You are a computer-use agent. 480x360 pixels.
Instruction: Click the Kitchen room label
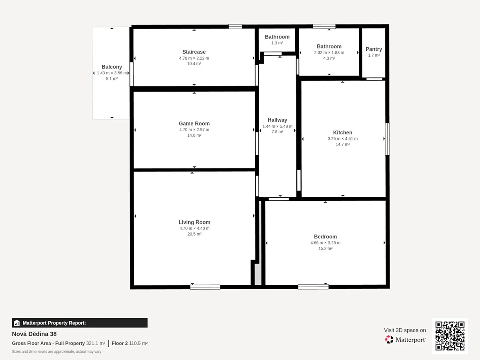[x=342, y=132]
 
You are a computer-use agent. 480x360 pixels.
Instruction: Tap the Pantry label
[x=374, y=49]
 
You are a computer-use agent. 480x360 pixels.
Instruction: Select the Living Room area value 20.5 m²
[x=194, y=234]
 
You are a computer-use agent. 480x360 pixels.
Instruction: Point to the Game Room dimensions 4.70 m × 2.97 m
[x=194, y=130]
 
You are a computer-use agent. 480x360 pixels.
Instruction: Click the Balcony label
[x=112, y=67]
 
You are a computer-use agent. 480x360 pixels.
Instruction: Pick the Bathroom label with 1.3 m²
[x=277, y=37]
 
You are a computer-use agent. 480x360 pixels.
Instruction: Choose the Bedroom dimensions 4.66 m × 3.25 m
[x=325, y=243]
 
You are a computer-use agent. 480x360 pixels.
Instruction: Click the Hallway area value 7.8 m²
[x=277, y=132]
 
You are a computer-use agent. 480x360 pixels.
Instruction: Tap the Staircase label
[x=194, y=52]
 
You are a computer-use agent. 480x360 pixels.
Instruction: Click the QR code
[x=450, y=336]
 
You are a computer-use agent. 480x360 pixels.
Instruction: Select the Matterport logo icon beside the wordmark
[x=389, y=340]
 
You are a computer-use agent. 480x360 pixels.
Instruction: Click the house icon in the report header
[x=17, y=323]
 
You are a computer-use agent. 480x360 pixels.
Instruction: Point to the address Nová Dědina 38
[x=34, y=334]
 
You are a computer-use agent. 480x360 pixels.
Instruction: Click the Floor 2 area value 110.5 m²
[x=138, y=343]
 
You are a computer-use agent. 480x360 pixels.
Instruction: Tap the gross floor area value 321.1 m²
[x=96, y=343]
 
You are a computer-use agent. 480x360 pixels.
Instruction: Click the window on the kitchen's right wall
[x=387, y=139]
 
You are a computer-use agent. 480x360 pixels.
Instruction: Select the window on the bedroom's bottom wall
[x=313, y=287]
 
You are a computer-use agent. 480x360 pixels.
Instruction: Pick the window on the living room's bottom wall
[x=205, y=287]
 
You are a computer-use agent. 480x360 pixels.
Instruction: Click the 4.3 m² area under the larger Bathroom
[x=329, y=58]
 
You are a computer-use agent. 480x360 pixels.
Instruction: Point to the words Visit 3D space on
[x=405, y=330]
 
